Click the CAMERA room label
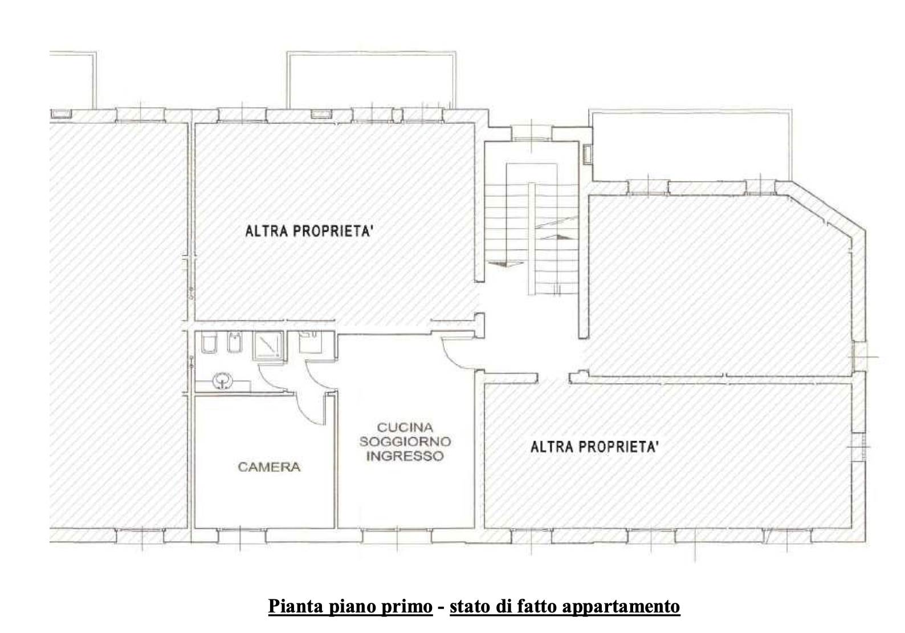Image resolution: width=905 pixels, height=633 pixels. (269, 467)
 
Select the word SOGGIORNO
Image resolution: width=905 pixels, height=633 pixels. (405, 441)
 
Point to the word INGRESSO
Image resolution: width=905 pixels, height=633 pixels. (405, 456)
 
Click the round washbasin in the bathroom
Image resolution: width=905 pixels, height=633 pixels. (223, 380)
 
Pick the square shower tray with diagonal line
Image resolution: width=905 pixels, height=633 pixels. (267, 346)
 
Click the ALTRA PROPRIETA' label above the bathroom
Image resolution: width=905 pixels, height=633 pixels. (309, 231)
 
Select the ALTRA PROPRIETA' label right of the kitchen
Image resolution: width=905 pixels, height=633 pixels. (595, 447)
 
